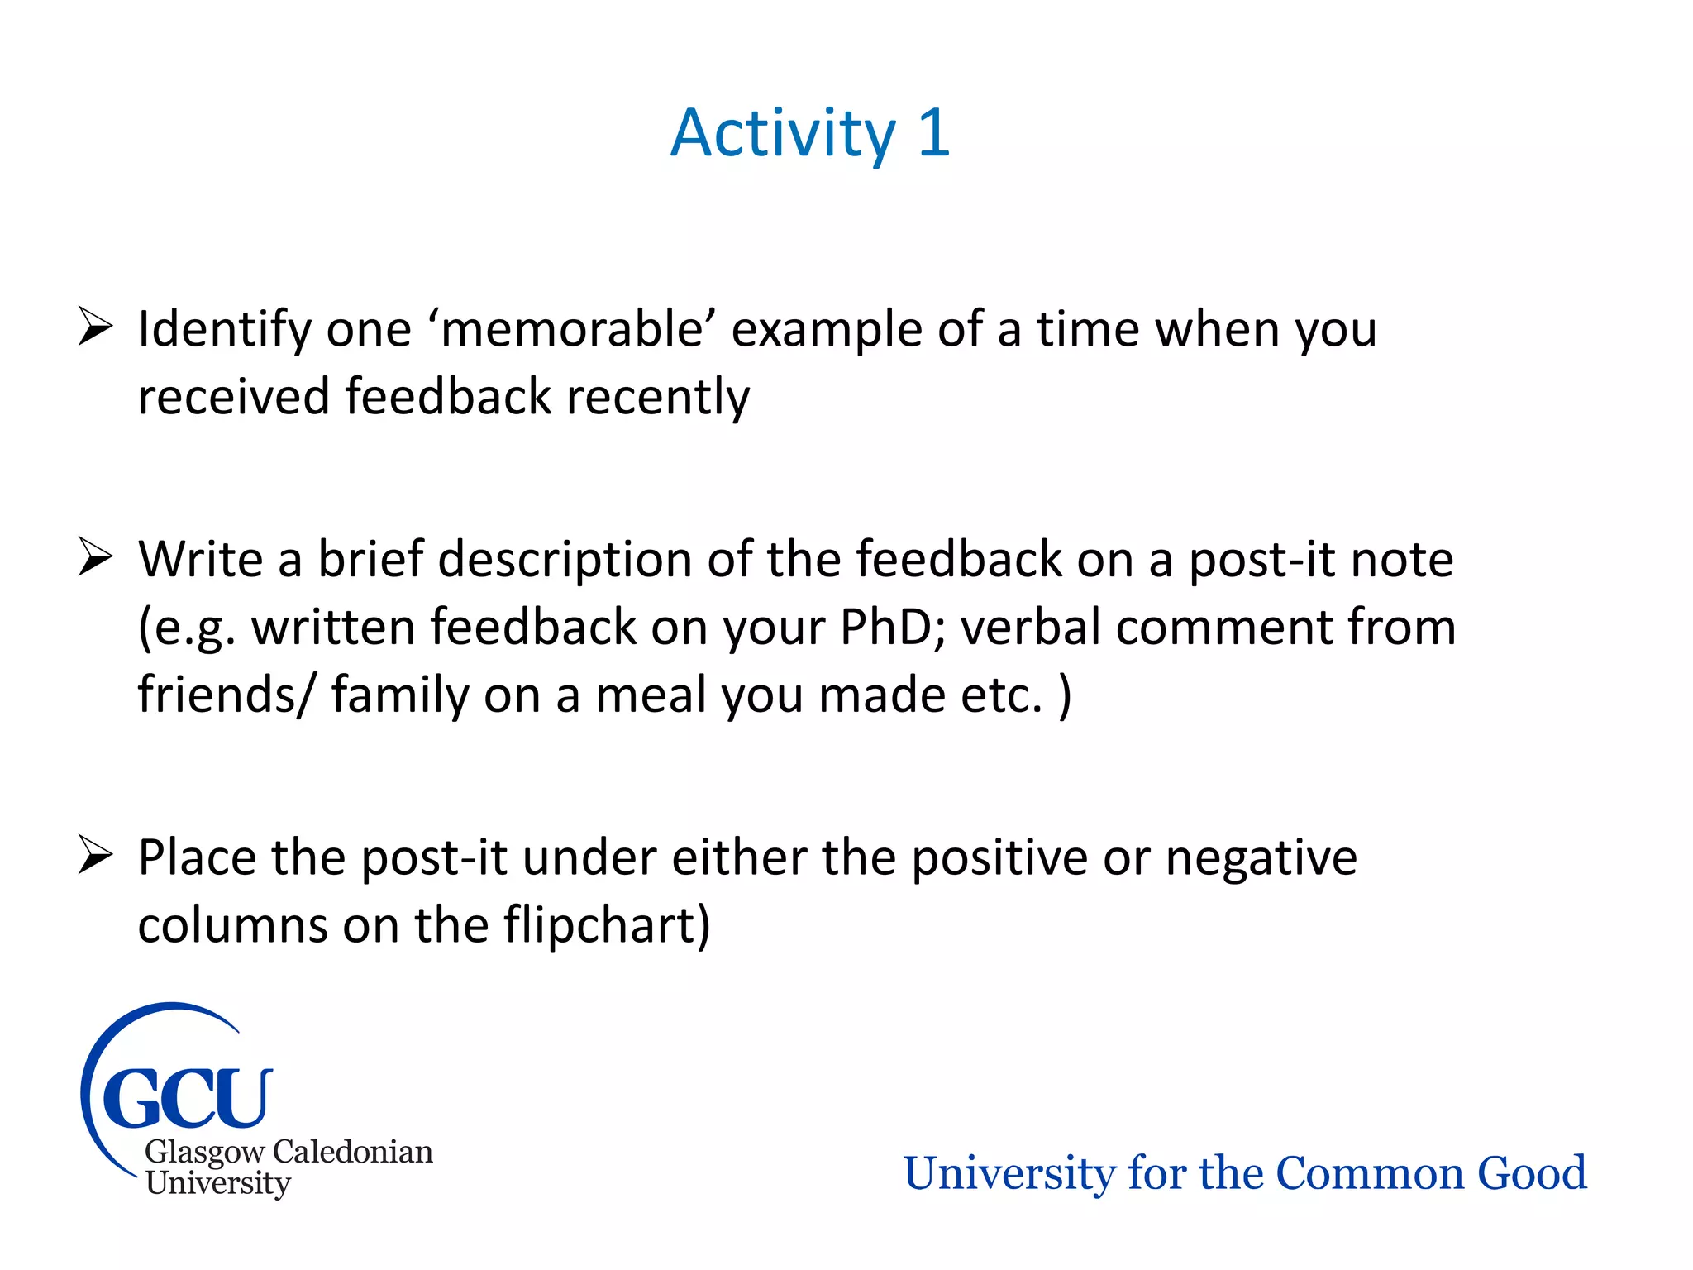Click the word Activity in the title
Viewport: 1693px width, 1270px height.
point(782,135)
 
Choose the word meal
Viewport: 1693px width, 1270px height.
point(651,695)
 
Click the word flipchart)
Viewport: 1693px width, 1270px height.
point(607,925)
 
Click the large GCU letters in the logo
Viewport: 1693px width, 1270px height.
point(187,1097)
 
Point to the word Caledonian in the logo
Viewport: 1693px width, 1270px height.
point(352,1152)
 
